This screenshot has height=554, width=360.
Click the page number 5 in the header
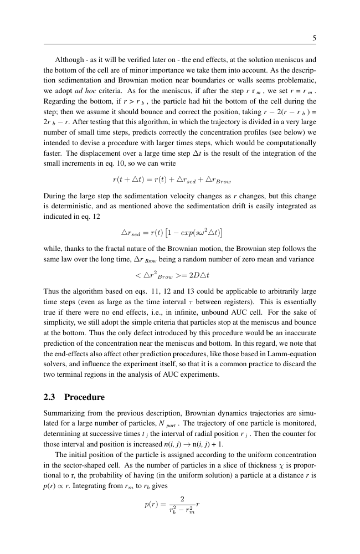(314, 38)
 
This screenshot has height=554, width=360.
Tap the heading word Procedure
(84, 397)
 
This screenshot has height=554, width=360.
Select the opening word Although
(69, 59)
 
